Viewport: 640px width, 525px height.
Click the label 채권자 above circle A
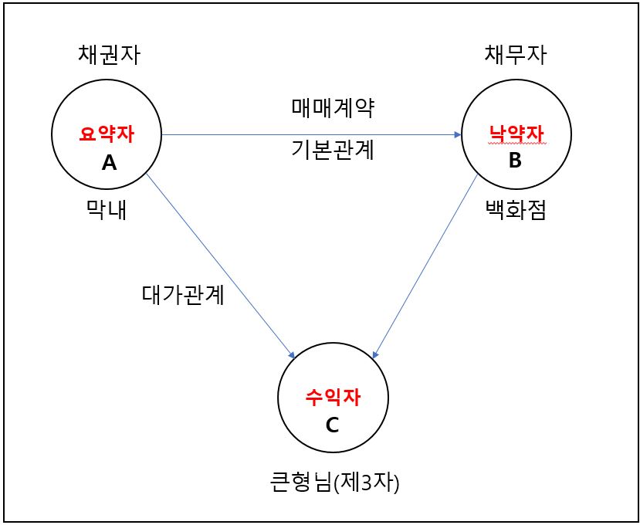pyautogui.click(x=109, y=54)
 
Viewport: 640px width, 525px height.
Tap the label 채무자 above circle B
pyautogui.click(x=515, y=54)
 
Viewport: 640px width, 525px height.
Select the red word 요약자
pyautogui.click(x=107, y=134)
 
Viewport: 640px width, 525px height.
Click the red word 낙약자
pyautogui.click(x=516, y=134)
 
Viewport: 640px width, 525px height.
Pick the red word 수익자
pyautogui.click(x=333, y=398)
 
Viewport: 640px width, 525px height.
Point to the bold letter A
pyautogui.click(x=109, y=162)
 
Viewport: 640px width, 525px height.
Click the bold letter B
pyautogui.click(x=515, y=161)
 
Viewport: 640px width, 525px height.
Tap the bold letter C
pyautogui.click(x=333, y=424)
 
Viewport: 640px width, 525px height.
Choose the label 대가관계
pyautogui.click(x=183, y=295)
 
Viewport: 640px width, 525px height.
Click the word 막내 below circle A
pyautogui.click(x=106, y=210)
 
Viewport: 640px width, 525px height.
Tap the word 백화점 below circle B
pyautogui.click(x=515, y=210)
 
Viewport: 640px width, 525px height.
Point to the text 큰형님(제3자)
pyautogui.click(x=334, y=483)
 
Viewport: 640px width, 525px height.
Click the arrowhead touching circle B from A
pyautogui.click(x=458, y=135)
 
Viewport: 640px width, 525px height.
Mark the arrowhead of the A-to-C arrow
pyautogui.click(x=292, y=355)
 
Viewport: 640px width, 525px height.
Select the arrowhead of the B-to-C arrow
pyautogui.click(x=375, y=355)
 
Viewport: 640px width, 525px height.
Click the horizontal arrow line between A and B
pyautogui.click(x=309, y=135)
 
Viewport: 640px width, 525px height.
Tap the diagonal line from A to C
pyautogui.click(x=220, y=264)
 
